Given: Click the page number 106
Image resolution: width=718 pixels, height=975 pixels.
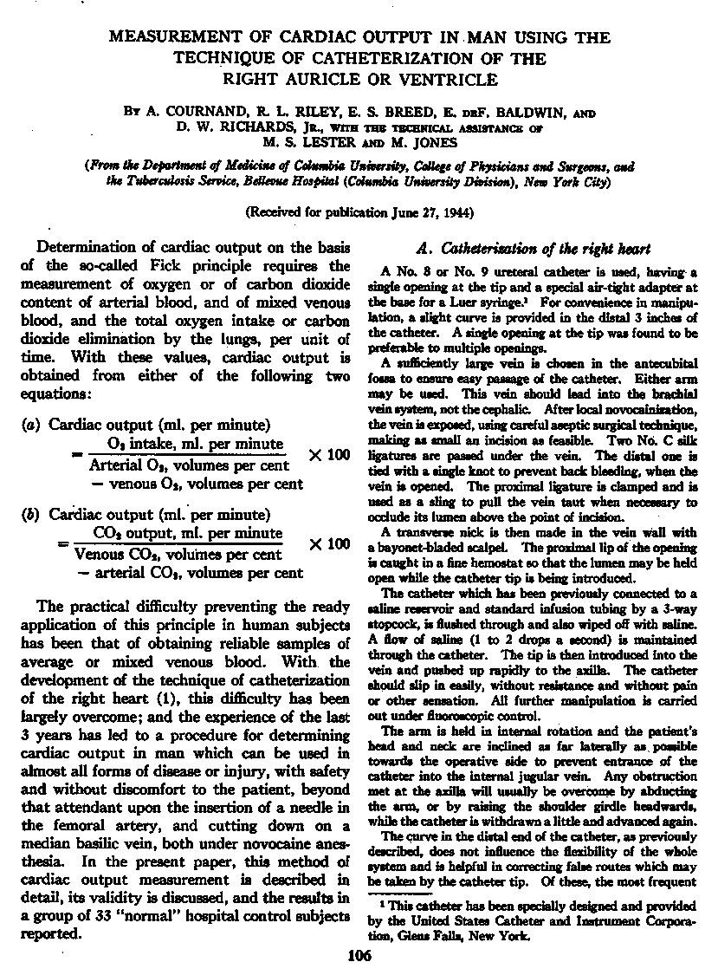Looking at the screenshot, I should [359, 957].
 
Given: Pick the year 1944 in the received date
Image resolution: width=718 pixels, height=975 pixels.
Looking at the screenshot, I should [455, 211].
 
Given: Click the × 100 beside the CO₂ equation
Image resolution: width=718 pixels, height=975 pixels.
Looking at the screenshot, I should [329, 543].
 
